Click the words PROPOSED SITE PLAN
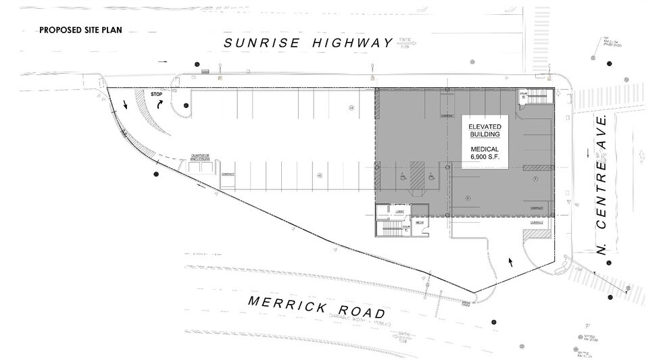[x=83, y=30]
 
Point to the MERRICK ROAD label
[x=316, y=307]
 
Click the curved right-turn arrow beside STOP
[x=160, y=105]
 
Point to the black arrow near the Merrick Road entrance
[x=510, y=260]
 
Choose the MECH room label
[x=419, y=222]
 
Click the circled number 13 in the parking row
[x=320, y=175]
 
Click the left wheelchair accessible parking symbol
[x=401, y=178]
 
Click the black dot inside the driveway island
[x=185, y=105]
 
